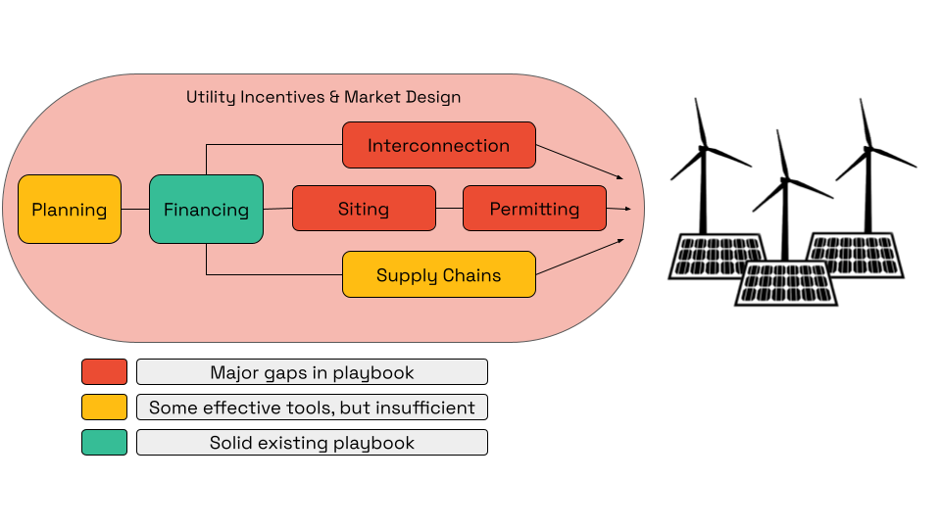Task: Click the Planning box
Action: tap(70, 209)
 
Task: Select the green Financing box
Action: tap(206, 209)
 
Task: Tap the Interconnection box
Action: tap(438, 145)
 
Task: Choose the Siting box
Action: tap(364, 209)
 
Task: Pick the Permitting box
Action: tap(534, 209)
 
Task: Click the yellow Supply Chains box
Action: tap(438, 274)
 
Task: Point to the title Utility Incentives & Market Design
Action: tap(323, 98)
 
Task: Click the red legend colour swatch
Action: tap(104, 371)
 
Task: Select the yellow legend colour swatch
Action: tap(104, 407)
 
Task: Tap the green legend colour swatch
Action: tap(104, 442)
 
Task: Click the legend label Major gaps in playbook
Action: tap(312, 372)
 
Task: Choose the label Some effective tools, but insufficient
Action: tap(312, 408)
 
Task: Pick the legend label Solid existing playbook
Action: tap(312, 443)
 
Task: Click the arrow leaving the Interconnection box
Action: tap(579, 163)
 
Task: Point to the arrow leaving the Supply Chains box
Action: tap(579, 257)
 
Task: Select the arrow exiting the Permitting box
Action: tap(619, 209)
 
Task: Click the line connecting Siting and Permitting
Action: tap(449, 209)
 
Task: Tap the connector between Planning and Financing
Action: tap(135, 209)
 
